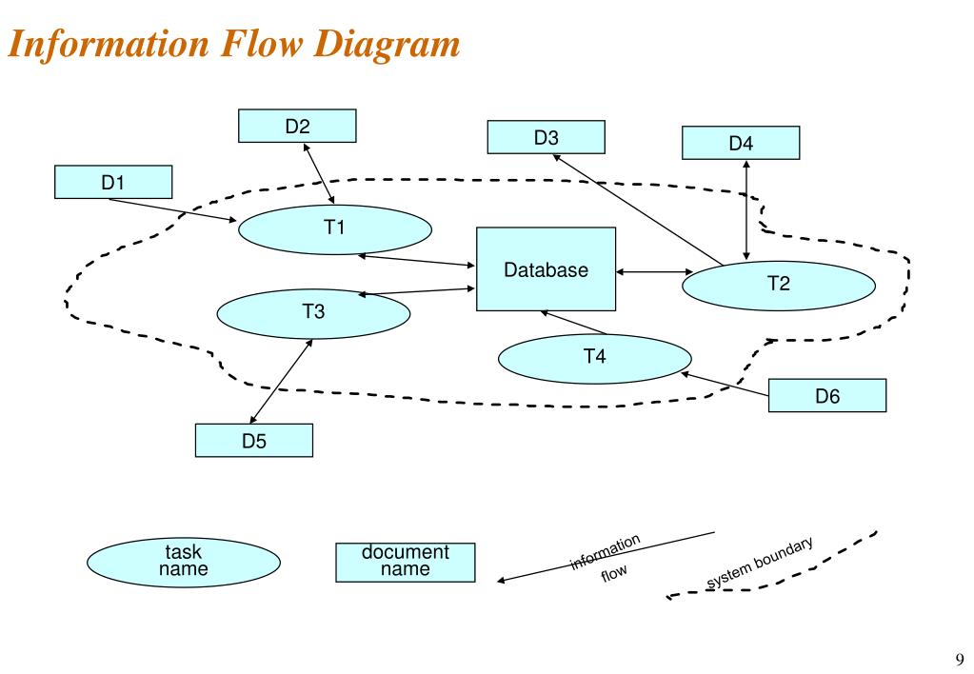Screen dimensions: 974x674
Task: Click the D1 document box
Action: (x=113, y=182)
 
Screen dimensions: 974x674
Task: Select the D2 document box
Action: (x=297, y=126)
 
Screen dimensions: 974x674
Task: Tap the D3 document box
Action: (x=546, y=137)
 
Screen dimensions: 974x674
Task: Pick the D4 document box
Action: (x=741, y=143)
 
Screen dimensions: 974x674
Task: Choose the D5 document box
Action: (x=254, y=441)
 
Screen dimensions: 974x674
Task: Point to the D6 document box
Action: (x=827, y=395)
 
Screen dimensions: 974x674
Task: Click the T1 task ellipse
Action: (x=335, y=229)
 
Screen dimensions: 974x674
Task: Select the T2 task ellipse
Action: (x=779, y=286)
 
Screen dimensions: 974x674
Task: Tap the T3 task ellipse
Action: (x=313, y=314)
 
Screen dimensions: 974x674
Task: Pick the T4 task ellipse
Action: (x=595, y=359)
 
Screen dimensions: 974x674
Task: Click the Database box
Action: (x=546, y=269)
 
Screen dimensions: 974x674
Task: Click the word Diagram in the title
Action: (x=387, y=44)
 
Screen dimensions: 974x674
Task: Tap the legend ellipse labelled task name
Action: (x=183, y=563)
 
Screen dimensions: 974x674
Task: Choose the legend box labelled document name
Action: (x=406, y=563)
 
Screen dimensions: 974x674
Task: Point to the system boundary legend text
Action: (x=760, y=563)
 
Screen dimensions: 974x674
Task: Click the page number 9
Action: (x=960, y=659)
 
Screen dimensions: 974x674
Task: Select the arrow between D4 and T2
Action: (x=746, y=210)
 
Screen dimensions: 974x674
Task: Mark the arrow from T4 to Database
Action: (x=574, y=323)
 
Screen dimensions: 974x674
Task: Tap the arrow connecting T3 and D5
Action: (x=281, y=382)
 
